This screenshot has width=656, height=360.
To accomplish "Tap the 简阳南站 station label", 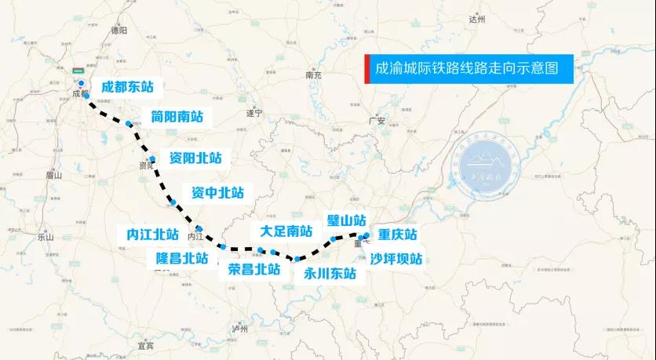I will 177,117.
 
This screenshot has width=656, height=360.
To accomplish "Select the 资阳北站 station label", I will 195,158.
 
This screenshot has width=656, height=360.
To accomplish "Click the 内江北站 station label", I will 153,234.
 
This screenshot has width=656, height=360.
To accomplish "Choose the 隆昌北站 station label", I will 182,257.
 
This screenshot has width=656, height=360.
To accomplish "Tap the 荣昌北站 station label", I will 253,268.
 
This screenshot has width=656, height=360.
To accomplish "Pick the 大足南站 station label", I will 286,231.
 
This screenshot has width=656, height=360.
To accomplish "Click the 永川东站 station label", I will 330,274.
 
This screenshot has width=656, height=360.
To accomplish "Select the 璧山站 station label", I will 346,220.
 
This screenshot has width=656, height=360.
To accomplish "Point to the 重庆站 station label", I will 397,235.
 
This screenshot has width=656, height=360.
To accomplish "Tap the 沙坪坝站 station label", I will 396,258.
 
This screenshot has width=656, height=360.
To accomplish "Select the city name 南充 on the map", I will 314,75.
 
